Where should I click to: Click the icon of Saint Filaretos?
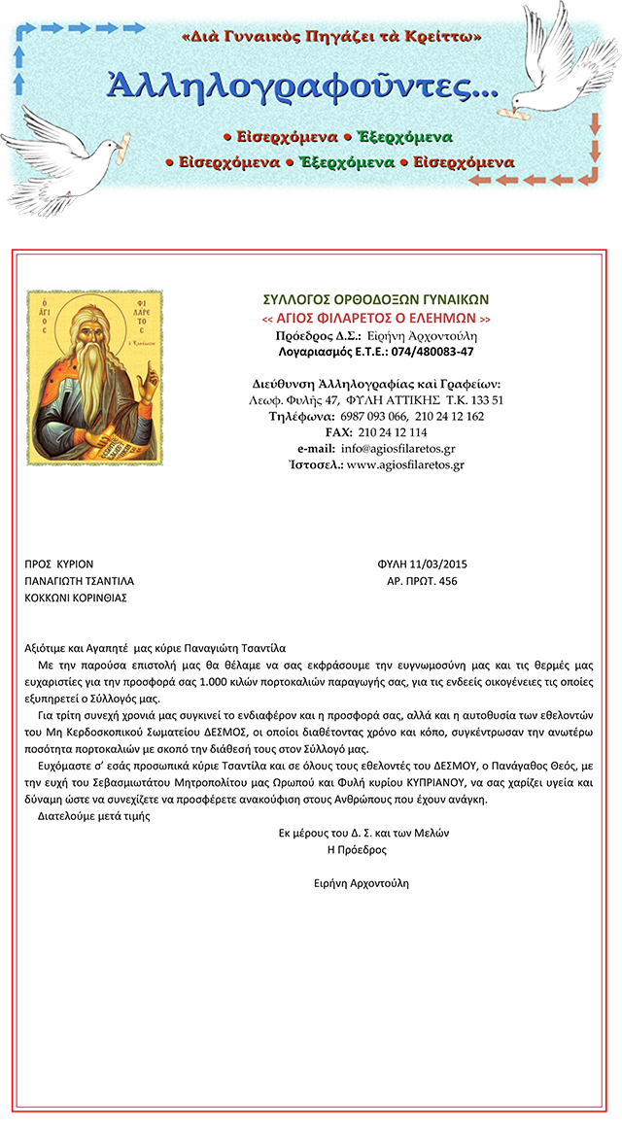(94, 376)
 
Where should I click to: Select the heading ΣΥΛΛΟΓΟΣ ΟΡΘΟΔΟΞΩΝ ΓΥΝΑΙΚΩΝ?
(376, 299)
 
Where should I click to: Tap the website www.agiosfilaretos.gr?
(405, 464)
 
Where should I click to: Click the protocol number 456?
(448, 581)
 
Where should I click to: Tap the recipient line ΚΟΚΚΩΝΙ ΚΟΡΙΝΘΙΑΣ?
(76, 598)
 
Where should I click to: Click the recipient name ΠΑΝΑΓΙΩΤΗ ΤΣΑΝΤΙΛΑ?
(79, 581)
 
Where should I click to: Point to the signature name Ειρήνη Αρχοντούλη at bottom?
(362, 883)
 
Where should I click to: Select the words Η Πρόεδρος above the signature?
(359, 849)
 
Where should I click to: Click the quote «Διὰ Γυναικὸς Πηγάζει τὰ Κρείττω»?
(332, 37)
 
